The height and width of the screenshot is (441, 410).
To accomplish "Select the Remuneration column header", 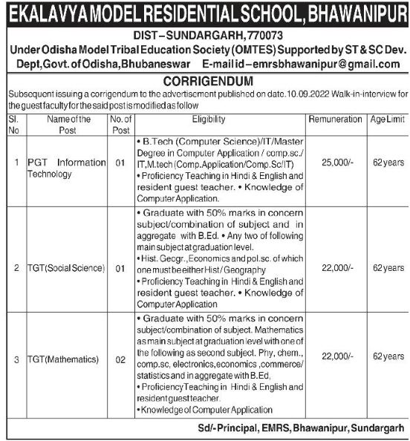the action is point(332,119).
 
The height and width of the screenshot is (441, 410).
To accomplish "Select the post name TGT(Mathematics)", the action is point(63,359).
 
